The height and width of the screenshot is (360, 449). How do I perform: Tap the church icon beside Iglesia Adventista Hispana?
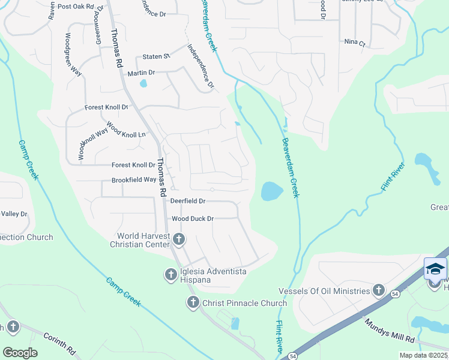pyautogui.click(x=170, y=275)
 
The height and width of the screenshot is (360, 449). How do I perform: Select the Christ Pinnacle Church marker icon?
pyautogui.click(x=193, y=302)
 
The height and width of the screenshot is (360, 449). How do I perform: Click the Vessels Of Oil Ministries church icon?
pyautogui.click(x=378, y=291)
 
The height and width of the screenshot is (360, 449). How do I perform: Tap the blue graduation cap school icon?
pyautogui.click(x=435, y=268)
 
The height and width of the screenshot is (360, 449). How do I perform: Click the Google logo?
pyautogui.click(x=20, y=353)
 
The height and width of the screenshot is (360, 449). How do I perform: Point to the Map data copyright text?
pyautogui.click(x=423, y=355)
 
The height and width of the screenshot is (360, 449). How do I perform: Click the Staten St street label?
pyautogui.click(x=156, y=56)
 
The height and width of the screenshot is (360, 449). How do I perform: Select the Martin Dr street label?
pyautogui.click(x=141, y=73)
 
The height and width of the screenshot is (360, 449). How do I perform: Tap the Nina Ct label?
pyautogui.click(x=355, y=42)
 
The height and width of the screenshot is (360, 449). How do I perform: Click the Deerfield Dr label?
pyautogui.click(x=188, y=201)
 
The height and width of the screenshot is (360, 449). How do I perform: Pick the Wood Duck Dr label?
pyautogui.click(x=193, y=219)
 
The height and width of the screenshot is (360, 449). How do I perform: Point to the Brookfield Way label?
pyautogui.click(x=133, y=180)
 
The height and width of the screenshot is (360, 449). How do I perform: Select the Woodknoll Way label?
pyautogui.click(x=85, y=142)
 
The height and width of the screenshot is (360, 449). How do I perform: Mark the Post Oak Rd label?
pyautogui.click(x=76, y=7)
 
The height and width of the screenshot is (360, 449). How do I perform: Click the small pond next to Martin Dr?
pyautogui.click(x=143, y=83)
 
